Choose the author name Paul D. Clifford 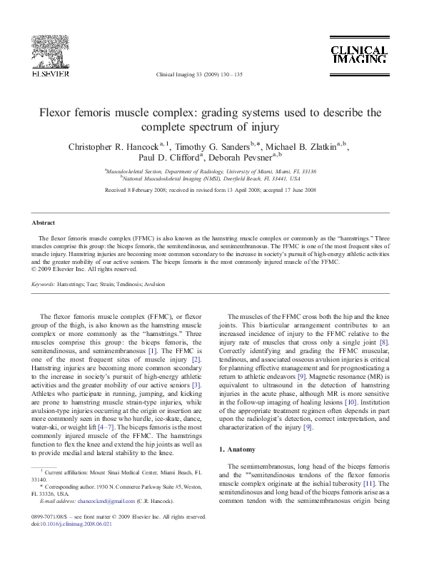(x=168, y=158)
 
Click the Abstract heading (x=44, y=223)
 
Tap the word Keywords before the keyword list (x=43, y=285)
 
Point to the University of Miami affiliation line (x=211, y=172)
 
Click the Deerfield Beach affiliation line (x=211, y=179)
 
